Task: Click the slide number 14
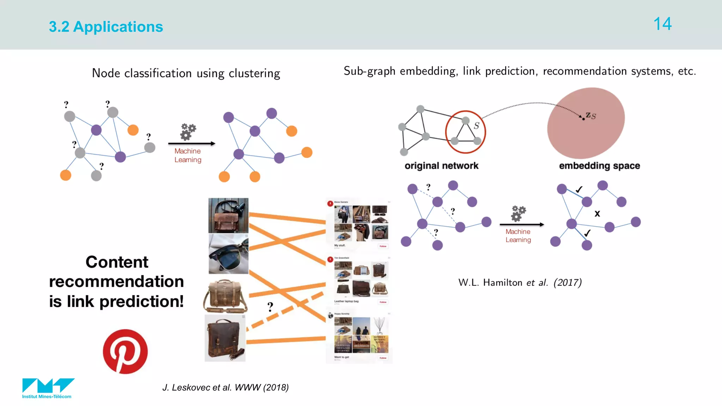(x=662, y=24)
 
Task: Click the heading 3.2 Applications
(x=106, y=27)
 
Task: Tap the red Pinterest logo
(x=125, y=351)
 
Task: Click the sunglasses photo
(x=228, y=254)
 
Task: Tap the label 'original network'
(x=441, y=166)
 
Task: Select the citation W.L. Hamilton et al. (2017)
(x=520, y=283)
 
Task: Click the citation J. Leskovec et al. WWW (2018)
(x=225, y=387)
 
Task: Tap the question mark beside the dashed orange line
(x=270, y=307)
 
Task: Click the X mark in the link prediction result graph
(x=597, y=214)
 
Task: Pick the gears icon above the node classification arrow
(x=188, y=131)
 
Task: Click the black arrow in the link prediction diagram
(x=522, y=224)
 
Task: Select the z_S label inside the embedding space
(x=591, y=116)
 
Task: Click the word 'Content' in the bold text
(x=117, y=262)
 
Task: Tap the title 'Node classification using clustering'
(x=186, y=73)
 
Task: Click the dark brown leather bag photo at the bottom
(x=225, y=339)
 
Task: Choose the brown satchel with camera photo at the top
(x=228, y=215)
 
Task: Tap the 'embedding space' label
(x=599, y=166)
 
